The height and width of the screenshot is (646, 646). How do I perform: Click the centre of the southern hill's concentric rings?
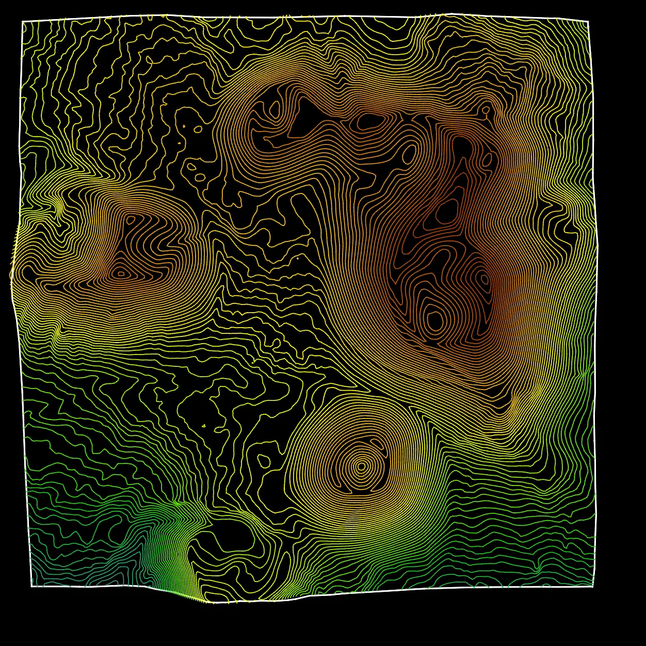361,467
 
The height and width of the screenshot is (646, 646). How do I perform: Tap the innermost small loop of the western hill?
121,273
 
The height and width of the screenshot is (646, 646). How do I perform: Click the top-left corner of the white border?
23,22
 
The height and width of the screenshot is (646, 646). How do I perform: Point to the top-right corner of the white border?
588,22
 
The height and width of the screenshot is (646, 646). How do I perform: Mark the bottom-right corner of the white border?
593,586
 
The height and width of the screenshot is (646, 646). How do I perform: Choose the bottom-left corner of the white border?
31,586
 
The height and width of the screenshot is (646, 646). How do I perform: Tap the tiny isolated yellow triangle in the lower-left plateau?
204,426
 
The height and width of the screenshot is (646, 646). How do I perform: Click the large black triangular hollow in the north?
304,119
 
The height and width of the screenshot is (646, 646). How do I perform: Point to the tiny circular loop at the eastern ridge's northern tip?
486,109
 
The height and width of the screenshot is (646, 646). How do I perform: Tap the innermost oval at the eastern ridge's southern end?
435,320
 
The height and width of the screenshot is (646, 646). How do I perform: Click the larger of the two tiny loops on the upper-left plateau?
198,129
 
